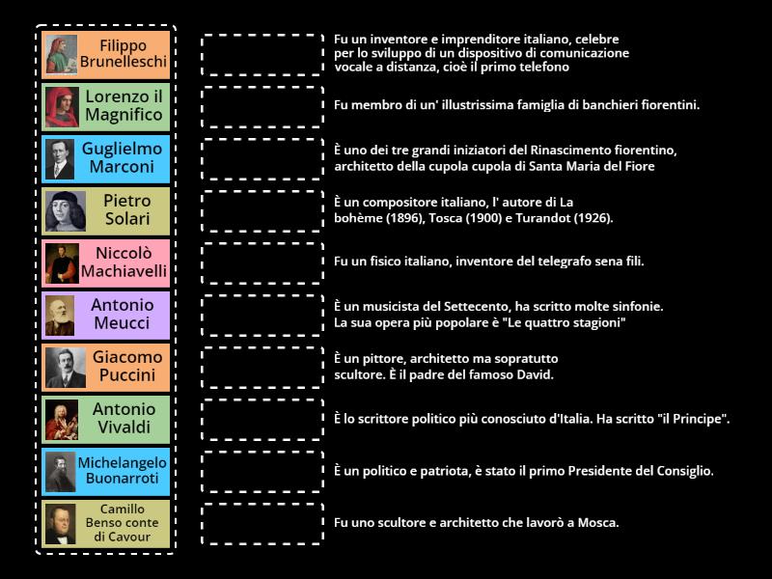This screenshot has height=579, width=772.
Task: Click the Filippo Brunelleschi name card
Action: (x=106, y=55)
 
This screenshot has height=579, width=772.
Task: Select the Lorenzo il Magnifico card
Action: (x=106, y=107)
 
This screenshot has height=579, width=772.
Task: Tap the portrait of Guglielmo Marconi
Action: (x=60, y=159)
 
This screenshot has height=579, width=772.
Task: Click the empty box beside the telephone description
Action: (x=262, y=55)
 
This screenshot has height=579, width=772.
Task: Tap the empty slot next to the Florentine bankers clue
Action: (x=262, y=107)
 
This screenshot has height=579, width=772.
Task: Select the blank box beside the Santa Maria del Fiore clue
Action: (x=262, y=159)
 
